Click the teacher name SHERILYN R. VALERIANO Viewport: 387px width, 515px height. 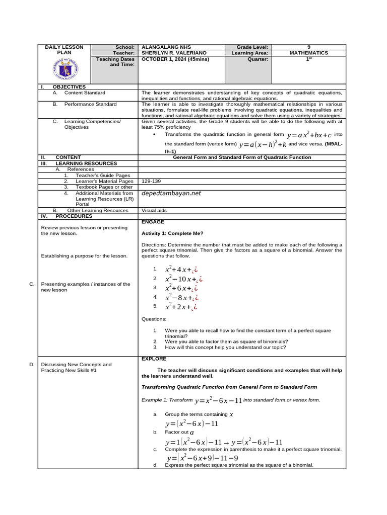(x=174, y=53)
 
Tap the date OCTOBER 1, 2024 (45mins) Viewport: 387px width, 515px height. (x=175, y=59)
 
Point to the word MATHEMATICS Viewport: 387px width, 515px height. (x=309, y=53)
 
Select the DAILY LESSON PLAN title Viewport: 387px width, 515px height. (x=64, y=49)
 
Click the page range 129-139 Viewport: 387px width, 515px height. (x=152, y=181)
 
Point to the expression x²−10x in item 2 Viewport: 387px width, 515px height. (x=180, y=279)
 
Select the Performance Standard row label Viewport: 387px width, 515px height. (x=90, y=104)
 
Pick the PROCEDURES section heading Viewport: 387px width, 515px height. (x=74, y=216)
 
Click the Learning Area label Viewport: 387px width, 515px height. (x=250, y=53)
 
